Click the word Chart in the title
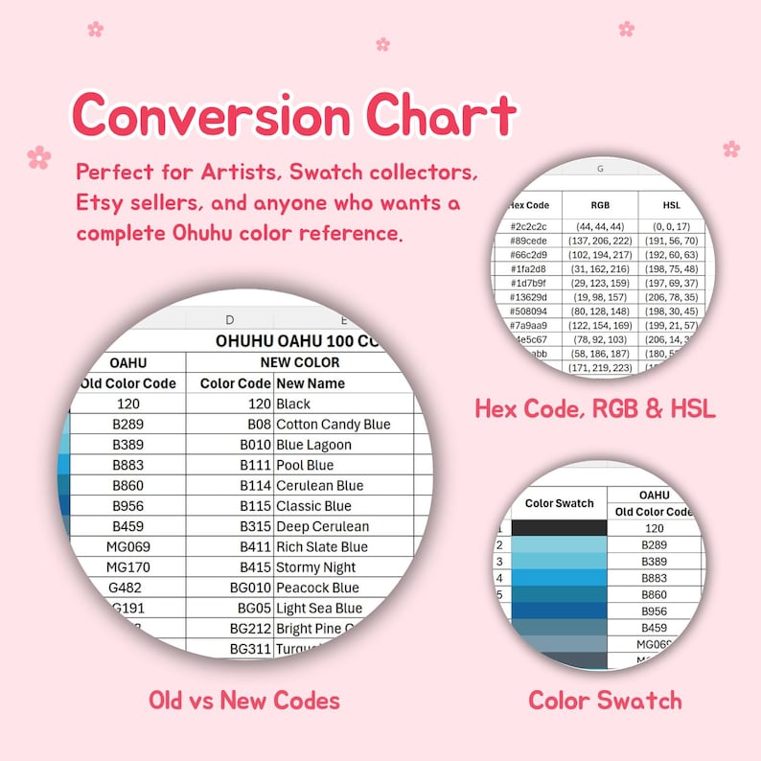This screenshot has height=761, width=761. [x=441, y=117]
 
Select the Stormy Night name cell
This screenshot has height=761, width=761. [x=316, y=566]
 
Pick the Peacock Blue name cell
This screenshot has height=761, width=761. [x=317, y=588]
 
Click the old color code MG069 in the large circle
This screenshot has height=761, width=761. [x=127, y=546]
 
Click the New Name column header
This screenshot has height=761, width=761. [x=311, y=382]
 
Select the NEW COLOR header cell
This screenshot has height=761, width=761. [x=300, y=362]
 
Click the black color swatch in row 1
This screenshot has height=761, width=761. [x=560, y=527]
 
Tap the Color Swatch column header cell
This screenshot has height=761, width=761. [x=560, y=503]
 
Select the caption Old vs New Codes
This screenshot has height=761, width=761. [x=243, y=701]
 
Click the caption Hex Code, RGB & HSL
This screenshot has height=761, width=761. [x=594, y=408]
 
